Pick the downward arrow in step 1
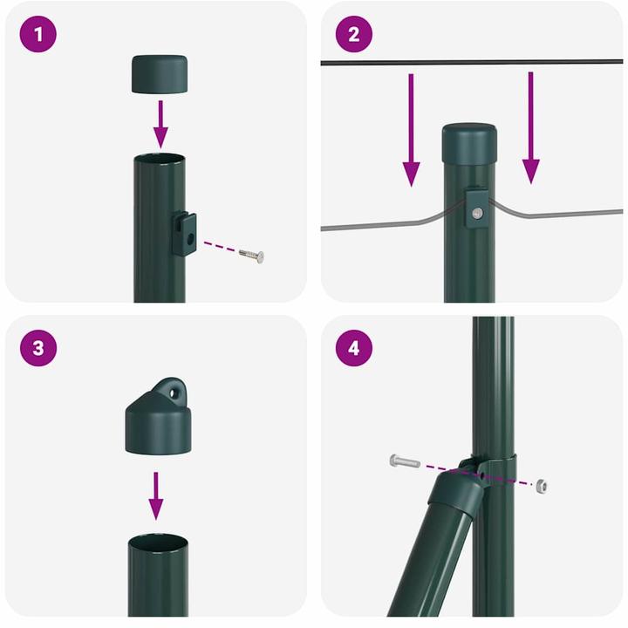160,123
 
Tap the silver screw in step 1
251,255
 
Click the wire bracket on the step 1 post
184,234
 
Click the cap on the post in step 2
469,142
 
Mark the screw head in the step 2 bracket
475,213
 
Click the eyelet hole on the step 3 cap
177,391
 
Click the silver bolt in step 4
405,461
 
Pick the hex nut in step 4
543,485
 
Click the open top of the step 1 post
160,160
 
